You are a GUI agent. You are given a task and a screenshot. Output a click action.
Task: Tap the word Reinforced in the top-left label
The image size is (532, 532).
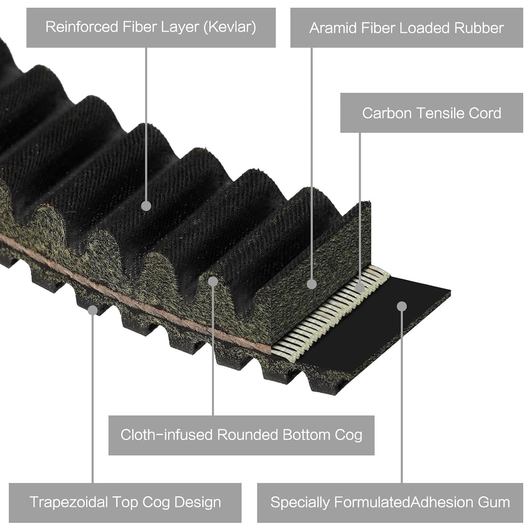coord(82,27)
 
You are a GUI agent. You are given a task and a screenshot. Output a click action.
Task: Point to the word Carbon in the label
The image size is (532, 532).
coord(387,113)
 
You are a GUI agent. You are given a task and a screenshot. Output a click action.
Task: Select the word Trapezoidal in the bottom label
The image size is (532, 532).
coord(68,502)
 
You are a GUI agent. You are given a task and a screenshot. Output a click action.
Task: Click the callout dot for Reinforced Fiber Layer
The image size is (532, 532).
coord(146,206)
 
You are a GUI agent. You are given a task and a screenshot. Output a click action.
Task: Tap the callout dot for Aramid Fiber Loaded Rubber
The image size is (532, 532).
coord(312,284)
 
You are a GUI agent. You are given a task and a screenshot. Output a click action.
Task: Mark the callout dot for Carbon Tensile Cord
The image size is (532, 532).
coord(360,288)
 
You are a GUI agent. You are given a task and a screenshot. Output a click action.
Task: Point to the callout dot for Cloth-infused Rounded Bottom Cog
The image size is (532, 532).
coord(213,281)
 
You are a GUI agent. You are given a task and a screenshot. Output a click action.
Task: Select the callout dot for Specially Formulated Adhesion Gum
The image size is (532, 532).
coord(402,306)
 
